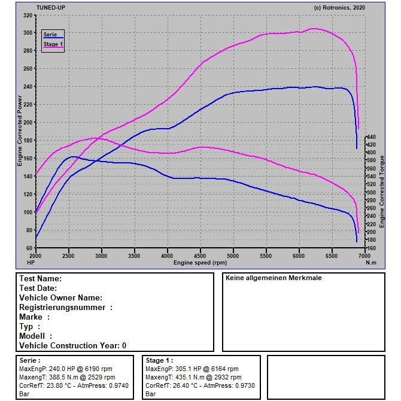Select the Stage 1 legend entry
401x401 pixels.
tap(53, 44)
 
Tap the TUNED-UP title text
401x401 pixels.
tap(51, 7)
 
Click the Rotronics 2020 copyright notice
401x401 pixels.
tap(339, 8)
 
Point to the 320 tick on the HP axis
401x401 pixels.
tap(28, 16)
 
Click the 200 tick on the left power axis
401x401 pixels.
tap(28, 123)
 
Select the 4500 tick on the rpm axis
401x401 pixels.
tap(200, 256)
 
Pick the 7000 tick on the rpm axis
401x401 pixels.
tap(364, 256)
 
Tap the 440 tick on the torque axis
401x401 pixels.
tap(371, 137)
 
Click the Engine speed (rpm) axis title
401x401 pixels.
tap(200, 263)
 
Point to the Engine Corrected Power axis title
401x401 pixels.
tap(20, 130)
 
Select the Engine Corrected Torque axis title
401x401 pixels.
tap(382, 192)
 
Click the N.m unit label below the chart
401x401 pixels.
tap(371, 263)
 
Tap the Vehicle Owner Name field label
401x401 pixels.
tap(61, 297)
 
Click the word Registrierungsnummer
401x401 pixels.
tap(62, 308)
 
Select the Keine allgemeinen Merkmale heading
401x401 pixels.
tap(274, 278)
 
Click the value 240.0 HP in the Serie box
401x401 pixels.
tap(61, 369)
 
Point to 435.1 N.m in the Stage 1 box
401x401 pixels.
tap(190, 377)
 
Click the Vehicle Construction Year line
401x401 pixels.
tap(72, 345)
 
